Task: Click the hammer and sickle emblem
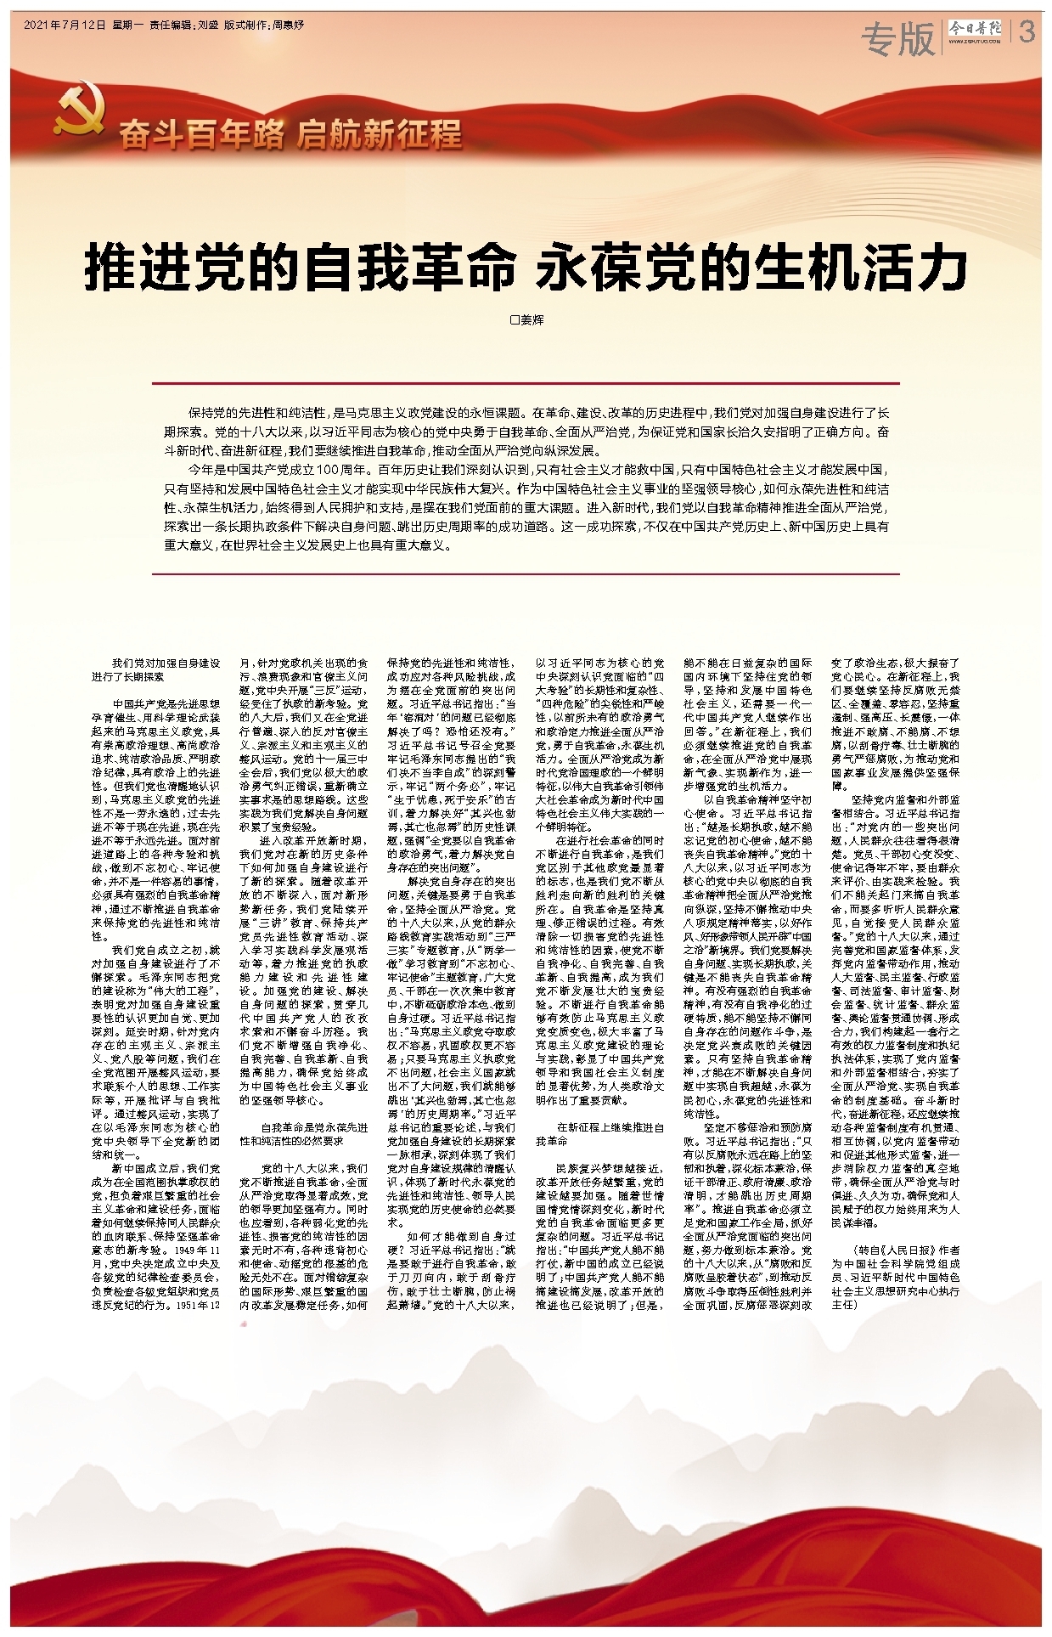click(78, 112)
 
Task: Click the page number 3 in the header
click(1027, 33)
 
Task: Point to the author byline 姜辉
click(532, 320)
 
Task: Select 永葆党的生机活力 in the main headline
click(751, 268)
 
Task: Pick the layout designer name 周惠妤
click(289, 25)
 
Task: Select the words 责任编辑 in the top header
click(171, 25)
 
